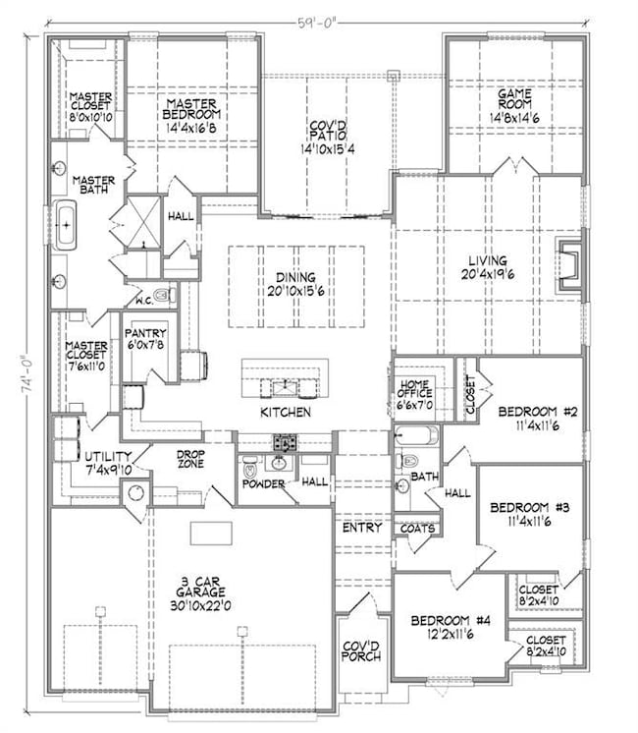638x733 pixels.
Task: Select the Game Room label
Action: pyautogui.click(x=509, y=104)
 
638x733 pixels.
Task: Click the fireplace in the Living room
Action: pyautogui.click(x=568, y=263)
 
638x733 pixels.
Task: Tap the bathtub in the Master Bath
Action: pyautogui.click(x=66, y=226)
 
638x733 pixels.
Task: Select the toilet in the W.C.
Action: pyautogui.click(x=165, y=294)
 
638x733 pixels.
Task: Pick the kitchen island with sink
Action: pyautogui.click(x=287, y=378)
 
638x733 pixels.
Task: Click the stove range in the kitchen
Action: pyautogui.click(x=285, y=441)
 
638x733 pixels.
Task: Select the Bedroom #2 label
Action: pyautogui.click(x=531, y=418)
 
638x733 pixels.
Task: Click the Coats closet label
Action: pyautogui.click(x=415, y=529)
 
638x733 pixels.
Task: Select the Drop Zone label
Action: pyautogui.click(x=189, y=458)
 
